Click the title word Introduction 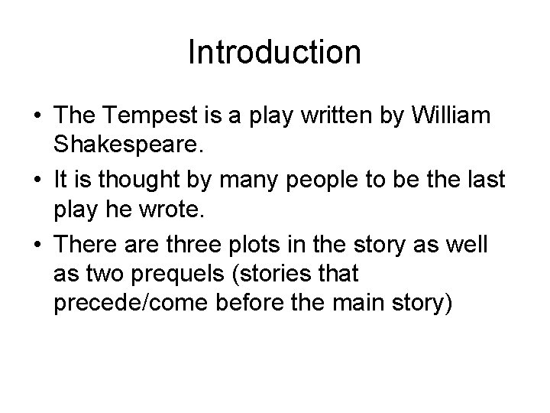pos(274,53)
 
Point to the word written pos(330,115)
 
